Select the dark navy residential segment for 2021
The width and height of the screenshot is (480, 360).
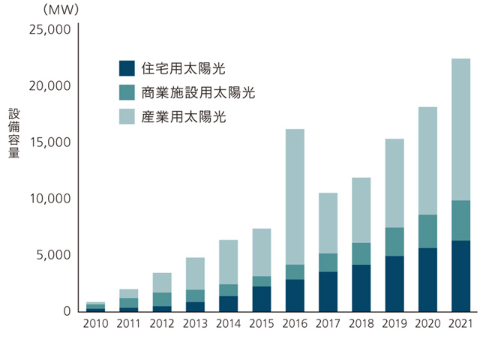tap(460, 275)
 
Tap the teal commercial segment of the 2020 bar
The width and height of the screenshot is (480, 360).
tap(427, 231)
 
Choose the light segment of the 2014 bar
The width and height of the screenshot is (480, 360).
tap(229, 262)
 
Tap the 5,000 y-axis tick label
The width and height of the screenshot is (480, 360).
tap(52, 255)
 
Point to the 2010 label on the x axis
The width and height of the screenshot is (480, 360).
tap(96, 324)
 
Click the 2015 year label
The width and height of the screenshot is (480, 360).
tap(262, 324)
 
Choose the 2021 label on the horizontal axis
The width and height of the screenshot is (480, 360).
tap(460, 324)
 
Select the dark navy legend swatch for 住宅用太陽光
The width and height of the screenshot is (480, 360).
tap(127, 68)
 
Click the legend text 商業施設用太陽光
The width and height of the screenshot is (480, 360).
tap(197, 92)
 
